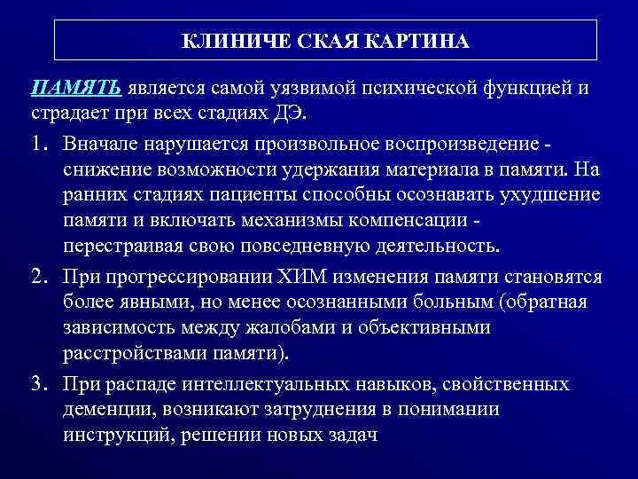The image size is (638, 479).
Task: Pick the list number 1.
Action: click(37, 143)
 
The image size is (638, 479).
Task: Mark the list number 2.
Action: click(37, 278)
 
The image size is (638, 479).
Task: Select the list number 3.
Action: click(37, 384)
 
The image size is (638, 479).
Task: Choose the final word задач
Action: click(349, 436)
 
